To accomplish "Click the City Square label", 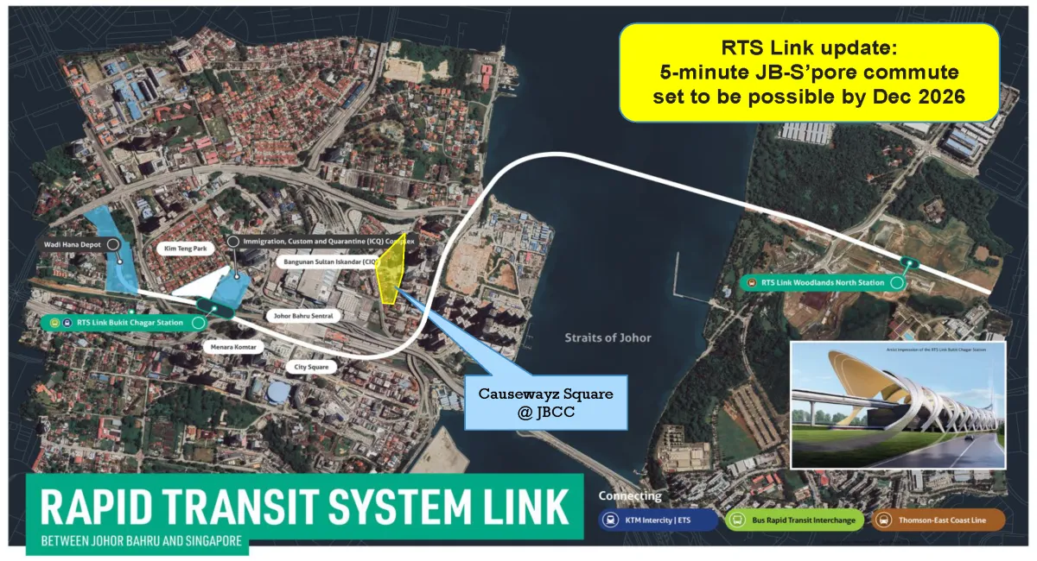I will (309, 366).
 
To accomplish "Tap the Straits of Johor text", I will (608, 337).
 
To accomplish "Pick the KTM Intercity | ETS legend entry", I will (658, 520).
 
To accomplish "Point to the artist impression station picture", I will (898, 405).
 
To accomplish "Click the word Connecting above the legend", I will (630, 496).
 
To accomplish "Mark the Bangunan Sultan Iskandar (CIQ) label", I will (328, 260).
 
